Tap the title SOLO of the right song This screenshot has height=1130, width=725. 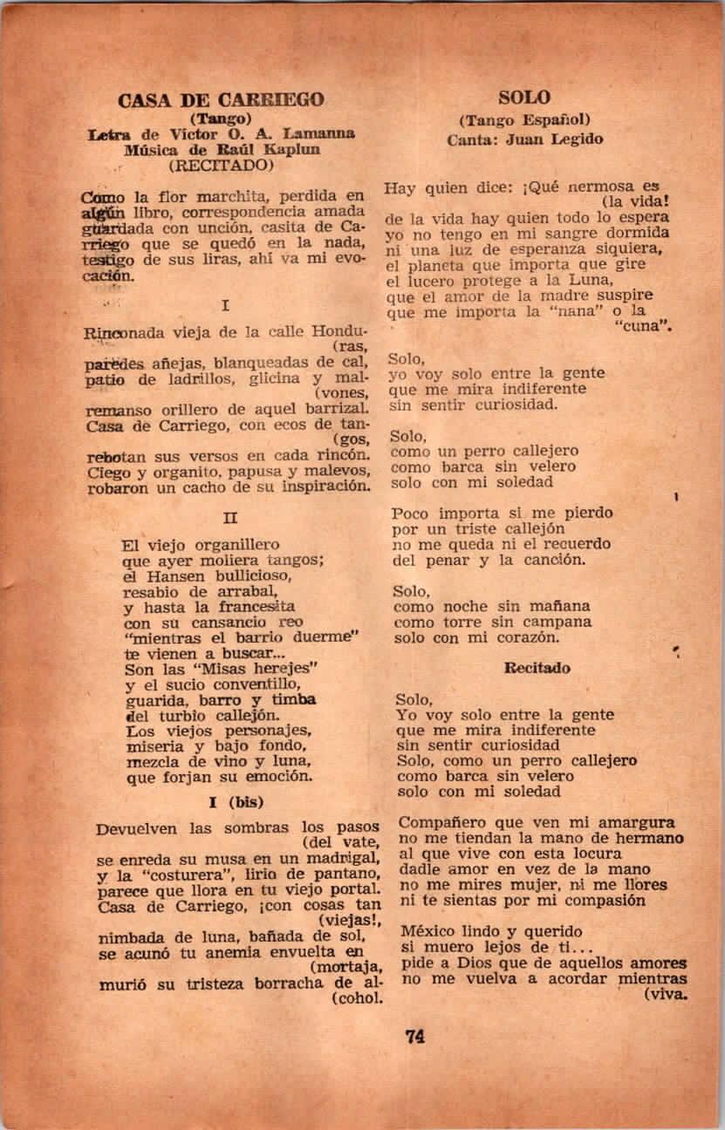coord(524,97)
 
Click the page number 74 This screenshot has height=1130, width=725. coord(414,1037)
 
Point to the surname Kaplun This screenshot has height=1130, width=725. coord(291,148)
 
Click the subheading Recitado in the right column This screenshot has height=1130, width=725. coord(537,668)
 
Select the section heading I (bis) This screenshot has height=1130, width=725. coord(236,801)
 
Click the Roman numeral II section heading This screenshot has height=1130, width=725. coord(230,517)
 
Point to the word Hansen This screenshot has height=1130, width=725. coord(174,577)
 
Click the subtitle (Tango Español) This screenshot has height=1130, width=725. coord(525,119)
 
